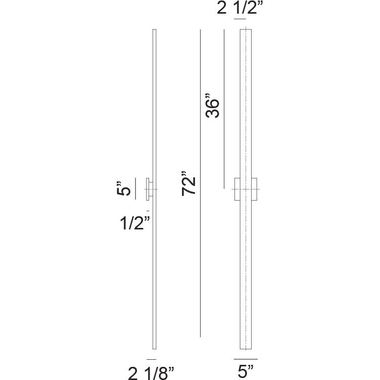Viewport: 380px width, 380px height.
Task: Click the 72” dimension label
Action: (188, 183)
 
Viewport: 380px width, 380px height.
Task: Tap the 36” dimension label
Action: (212, 105)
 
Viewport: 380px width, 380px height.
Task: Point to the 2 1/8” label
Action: (151, 373)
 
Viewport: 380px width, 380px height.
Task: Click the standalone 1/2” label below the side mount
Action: (135, 222)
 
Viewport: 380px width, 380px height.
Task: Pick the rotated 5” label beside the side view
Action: (124, 188)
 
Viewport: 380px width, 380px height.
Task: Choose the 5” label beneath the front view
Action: (246, 372)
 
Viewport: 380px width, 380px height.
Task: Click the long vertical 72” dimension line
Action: (200, 183)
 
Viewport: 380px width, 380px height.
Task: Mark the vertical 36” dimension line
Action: (224, 109)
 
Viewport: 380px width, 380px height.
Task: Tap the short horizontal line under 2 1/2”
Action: (240, 19)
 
